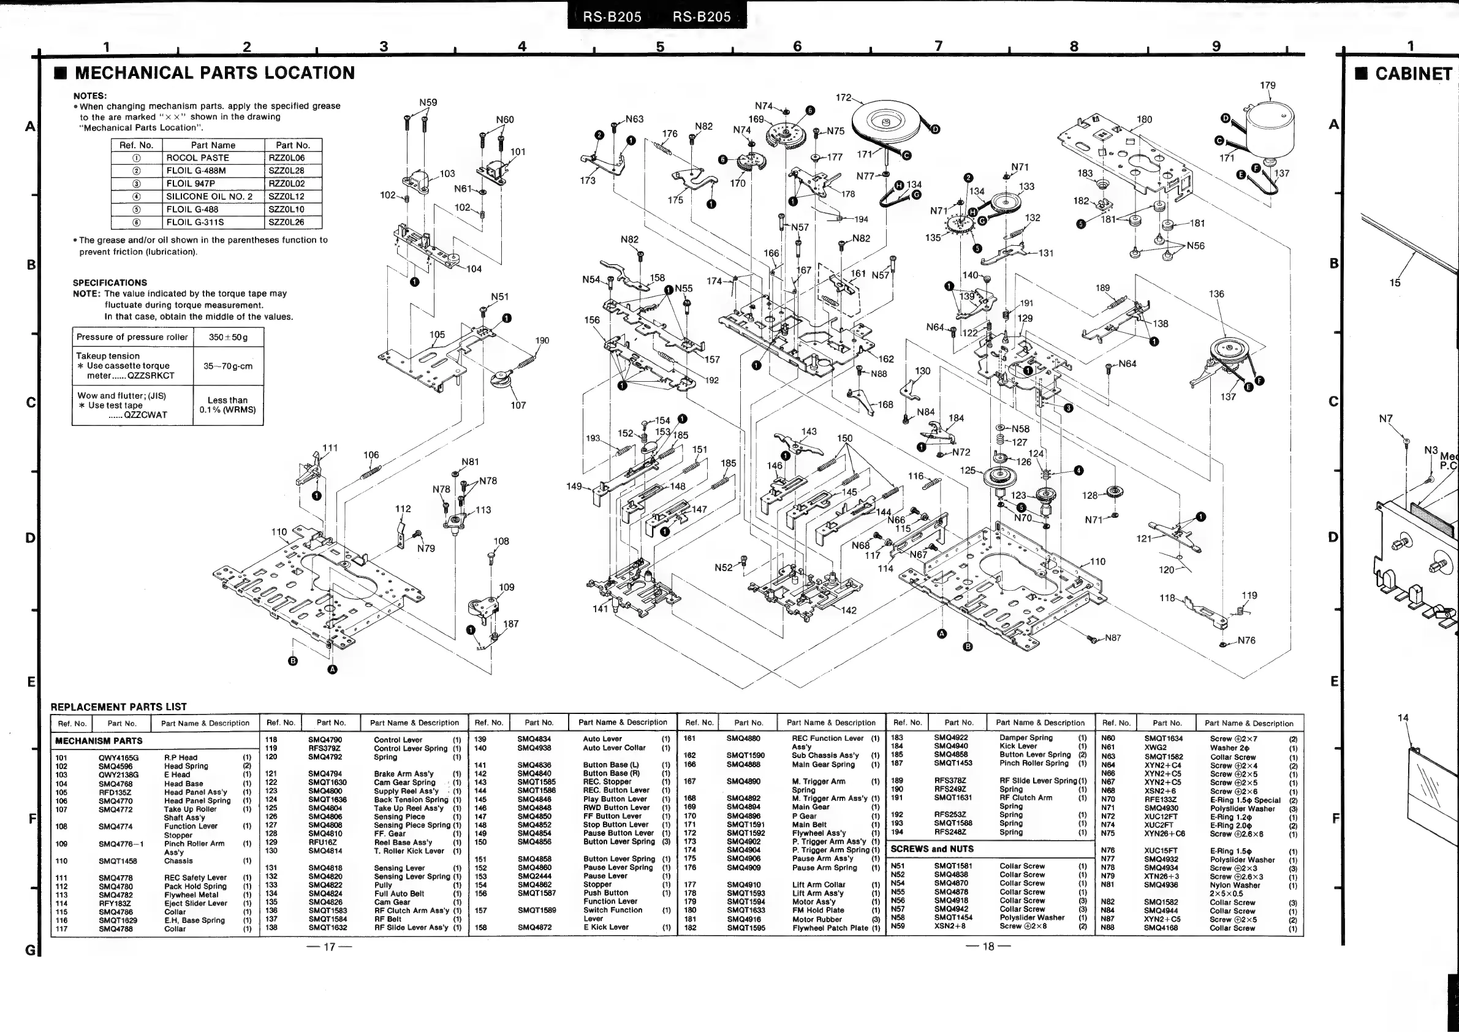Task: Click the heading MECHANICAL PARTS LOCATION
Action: pos(215,73)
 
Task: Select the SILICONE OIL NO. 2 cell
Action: pos(209,196)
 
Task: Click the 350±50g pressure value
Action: pos(228,337)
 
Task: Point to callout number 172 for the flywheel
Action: pos(843,97)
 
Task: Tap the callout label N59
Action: pos(428,102)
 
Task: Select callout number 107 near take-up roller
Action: pos(518,406)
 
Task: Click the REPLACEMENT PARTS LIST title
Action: pos(119,707)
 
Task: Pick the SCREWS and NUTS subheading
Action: pos(931,848)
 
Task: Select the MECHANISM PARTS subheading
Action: pos(99,741)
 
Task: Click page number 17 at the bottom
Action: pos(329,946)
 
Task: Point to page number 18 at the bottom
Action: pos(988,946)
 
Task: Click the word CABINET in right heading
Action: pos(1413,74)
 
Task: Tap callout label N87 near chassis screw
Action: pos(1113,638)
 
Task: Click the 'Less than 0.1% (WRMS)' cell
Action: pos(227,405)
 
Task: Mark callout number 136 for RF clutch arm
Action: pos(1216,294)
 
